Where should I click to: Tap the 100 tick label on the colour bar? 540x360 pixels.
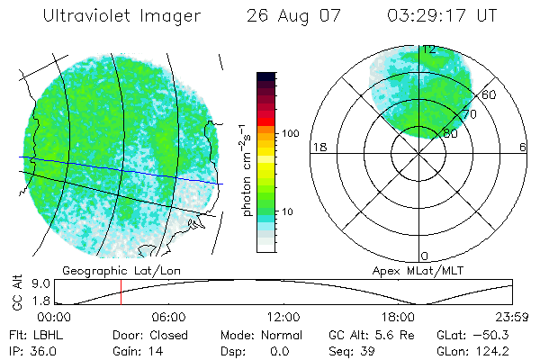(291, 133)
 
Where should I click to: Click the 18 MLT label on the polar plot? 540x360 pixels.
(318, 147)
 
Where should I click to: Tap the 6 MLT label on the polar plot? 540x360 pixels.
(522, 147)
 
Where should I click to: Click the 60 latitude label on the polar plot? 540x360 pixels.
(489, 94)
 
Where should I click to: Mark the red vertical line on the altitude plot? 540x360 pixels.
(121, 292)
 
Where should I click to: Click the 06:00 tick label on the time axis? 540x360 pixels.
(168, 318)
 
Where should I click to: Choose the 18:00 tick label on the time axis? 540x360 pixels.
(397, 318)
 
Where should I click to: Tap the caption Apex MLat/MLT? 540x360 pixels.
(411, 270)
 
